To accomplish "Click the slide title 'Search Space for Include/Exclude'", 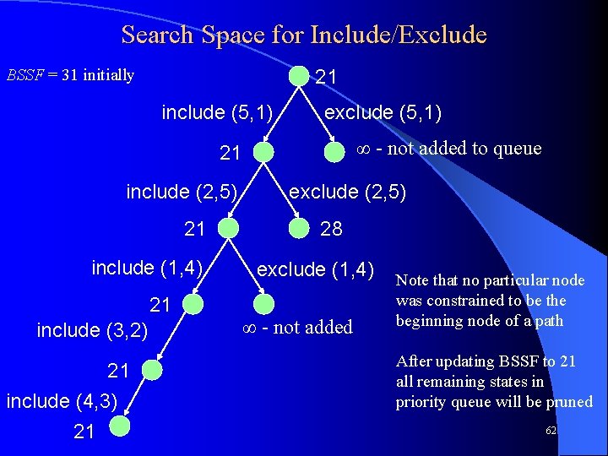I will pos(304,35).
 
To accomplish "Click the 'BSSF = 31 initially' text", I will pos(70,75).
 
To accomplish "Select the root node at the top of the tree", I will pos(299,76).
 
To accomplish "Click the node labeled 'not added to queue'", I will pos(338,150).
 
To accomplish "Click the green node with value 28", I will pos(299,228).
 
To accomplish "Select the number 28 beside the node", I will pos(332,229).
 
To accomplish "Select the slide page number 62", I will pos(551,431).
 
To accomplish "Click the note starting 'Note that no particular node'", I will pos(490,300).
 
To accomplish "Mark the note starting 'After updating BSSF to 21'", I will pos(494,382).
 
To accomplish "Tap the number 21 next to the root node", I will pos(327,78).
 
